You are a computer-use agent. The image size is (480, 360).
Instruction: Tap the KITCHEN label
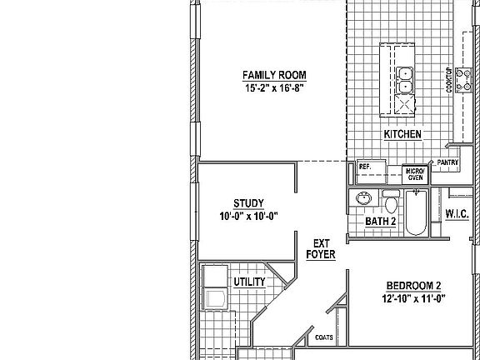[402, 134]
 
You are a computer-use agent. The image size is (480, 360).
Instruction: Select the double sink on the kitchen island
[405, 79]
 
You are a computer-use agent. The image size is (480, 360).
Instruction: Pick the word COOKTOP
[448, 81]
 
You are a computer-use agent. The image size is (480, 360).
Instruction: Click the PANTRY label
[447, 162]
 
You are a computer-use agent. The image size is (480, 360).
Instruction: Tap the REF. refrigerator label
[364, 166]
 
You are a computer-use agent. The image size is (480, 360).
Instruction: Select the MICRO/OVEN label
[414, 173]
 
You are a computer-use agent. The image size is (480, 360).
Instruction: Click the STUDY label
[248, 203]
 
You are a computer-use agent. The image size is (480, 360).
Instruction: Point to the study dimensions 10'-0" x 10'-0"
[248, 216]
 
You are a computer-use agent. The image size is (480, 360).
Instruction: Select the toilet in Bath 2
[390, 202]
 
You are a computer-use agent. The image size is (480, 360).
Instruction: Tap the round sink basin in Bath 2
[363, 199]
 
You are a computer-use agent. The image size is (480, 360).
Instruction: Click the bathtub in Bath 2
[417, 213]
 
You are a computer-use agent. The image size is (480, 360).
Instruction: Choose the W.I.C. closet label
[457, 214]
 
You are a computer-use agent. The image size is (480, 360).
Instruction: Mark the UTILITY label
[249, 282]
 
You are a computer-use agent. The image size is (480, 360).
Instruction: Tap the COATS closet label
[325, 337]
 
